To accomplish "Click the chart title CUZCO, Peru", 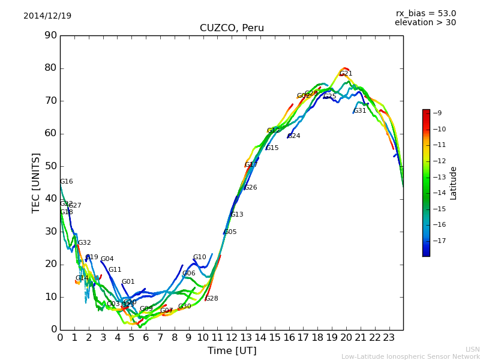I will tap(232, 28).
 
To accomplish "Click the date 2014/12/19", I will tap(47, 16).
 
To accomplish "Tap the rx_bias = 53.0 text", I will tap(425, 13).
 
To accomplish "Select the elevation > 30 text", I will tap(425, 23).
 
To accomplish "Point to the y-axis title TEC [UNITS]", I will tap(36, 182).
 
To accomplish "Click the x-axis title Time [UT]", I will tap(232, 350).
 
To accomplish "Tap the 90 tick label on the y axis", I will tap(50, 35).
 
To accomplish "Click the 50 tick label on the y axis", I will tap(50, 166).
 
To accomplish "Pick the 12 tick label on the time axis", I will tap(232, 338).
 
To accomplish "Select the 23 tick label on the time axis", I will tap(389, 338).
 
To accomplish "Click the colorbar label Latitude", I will tap(454, 183).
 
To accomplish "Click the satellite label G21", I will tap(346, 74).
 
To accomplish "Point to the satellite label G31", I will tap(359, 111).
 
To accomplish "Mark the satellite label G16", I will tap(66, 182).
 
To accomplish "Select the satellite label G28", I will tap(212, 299).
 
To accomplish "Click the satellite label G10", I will tap(200, 257).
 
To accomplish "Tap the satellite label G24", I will tap(294, 136).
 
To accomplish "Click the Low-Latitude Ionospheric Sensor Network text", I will tap(410, 356).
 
